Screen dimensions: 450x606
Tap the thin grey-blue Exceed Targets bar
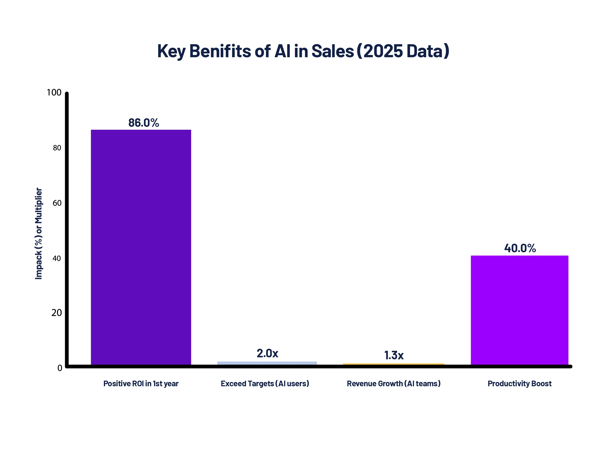click(267, 363)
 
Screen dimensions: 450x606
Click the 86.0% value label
click(143, 123)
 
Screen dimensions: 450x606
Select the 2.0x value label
click(267, 353)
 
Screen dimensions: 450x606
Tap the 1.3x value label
click(394, 355)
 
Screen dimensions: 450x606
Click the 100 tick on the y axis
click(54, 92)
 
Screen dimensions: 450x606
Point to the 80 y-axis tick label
click(57, 148)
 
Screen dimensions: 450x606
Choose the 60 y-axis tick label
click(57, 203)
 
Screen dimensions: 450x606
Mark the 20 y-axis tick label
click(56, 313)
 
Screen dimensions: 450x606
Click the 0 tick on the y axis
click(60, 368)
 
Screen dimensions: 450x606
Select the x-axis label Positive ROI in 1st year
click(141, 384)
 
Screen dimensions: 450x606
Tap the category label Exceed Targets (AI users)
click(265, 384)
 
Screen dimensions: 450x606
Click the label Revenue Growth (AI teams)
click(393, 384)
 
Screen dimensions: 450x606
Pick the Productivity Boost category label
click(519, 384)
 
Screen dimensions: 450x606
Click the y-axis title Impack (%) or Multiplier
click(39, 233)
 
